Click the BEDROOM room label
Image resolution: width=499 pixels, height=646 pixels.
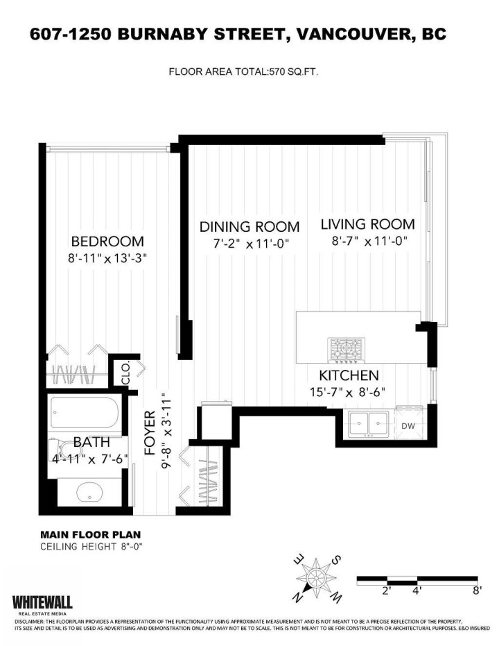(x=107, y=241)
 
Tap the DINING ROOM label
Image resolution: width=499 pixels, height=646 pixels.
(x=249, y=227)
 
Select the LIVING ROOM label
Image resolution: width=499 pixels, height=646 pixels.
(x=368, y=224)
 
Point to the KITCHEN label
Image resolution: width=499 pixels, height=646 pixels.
(x=349, y=375)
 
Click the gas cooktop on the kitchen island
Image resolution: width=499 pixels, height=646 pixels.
(x=347, y=350)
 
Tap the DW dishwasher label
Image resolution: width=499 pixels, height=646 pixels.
(x=408, y=426)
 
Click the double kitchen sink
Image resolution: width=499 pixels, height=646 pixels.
(x=369, y=423)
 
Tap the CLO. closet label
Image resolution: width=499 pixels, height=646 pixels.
(x=126, y=373)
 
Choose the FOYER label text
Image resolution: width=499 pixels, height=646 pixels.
(x=150, y=433)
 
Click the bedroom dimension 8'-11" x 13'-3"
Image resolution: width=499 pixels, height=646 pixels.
(x=107, y=259)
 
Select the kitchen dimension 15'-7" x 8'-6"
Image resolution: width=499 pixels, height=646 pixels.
(x=348, y=392)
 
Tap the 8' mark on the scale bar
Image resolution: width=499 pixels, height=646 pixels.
(x=476, y=590)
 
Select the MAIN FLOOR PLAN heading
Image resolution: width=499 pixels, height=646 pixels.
(x=91, y=535)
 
